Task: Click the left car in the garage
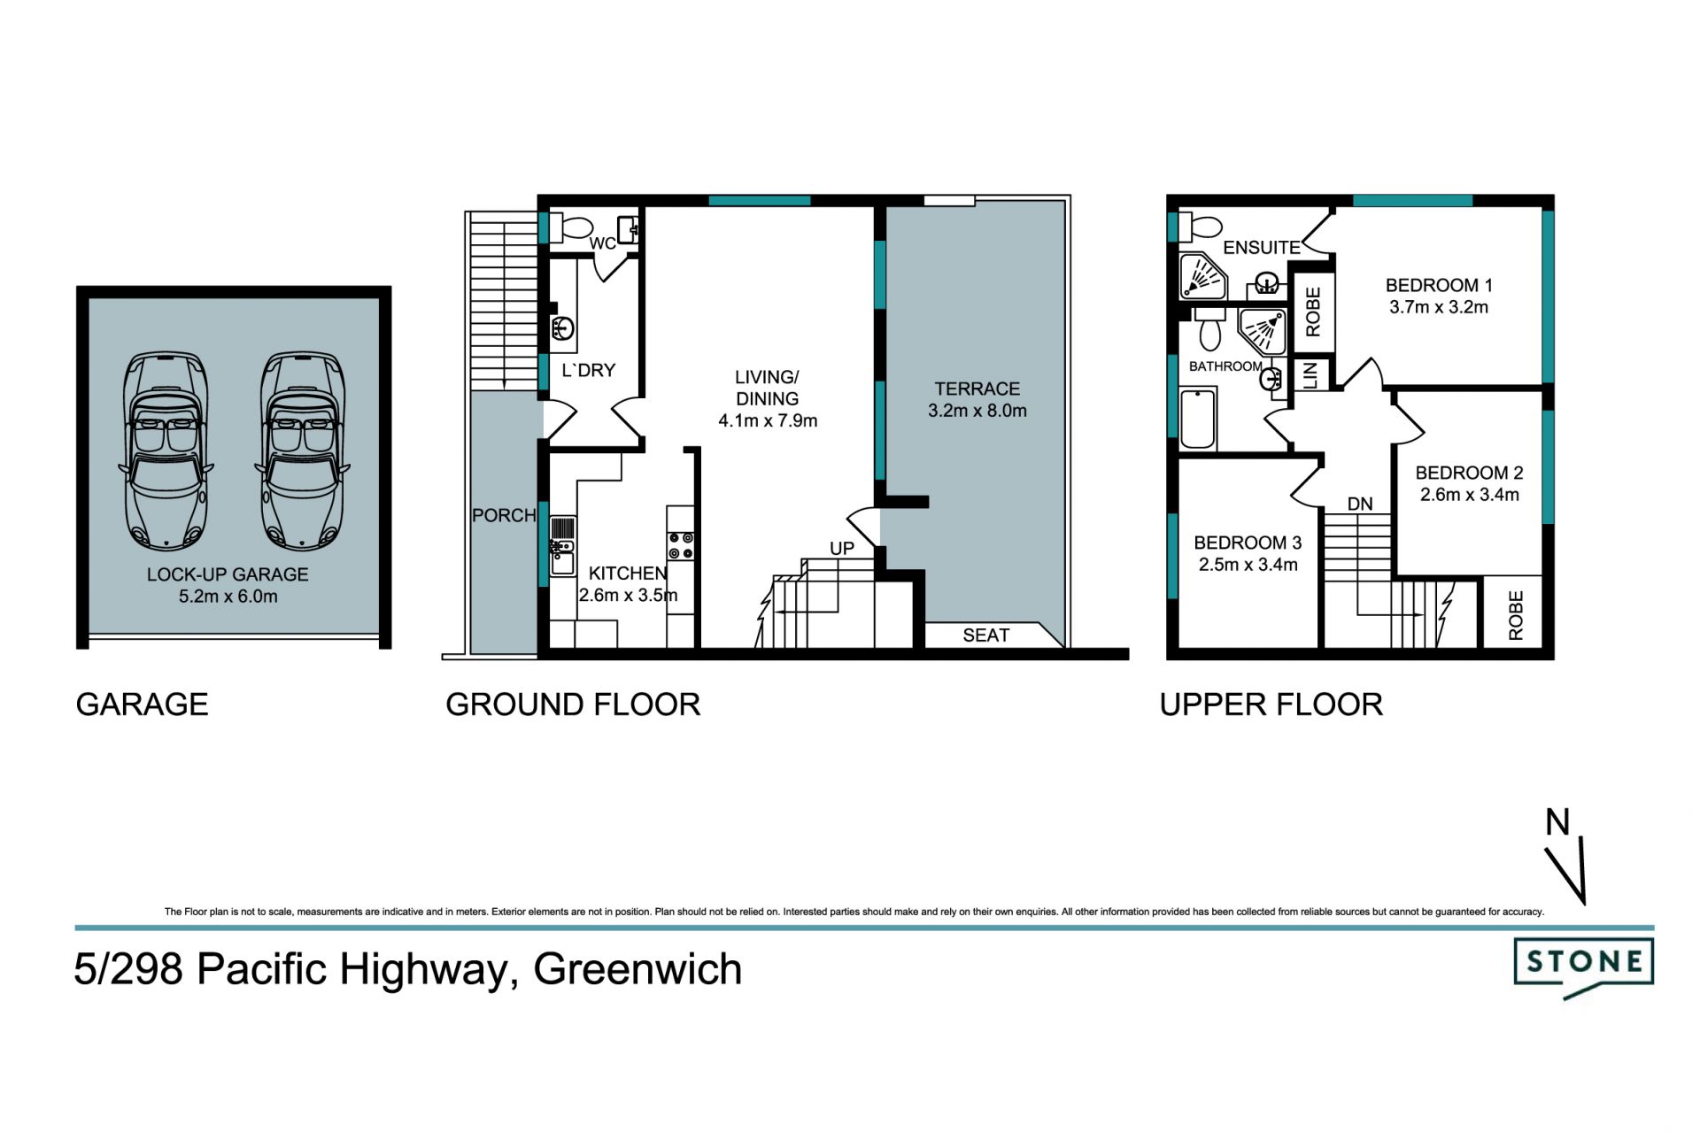click(x=166, y=451)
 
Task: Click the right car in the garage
click(x=302, y=451)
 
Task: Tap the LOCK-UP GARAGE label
click(x=228, y=574)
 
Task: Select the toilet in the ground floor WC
click(x=571, y=228)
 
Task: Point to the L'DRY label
click(x=588, y=370)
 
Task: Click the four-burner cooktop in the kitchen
click(x=681, y=545)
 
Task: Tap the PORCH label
click(x=504, y=515)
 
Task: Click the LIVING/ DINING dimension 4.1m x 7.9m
click(x=768, y=420)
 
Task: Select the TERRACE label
click(x=977, y=389)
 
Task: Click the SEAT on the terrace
click(x=985, y=635)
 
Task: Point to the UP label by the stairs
click(x=842, y=549)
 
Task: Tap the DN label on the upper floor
click(x=1360, y=504)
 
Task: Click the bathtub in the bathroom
click(x=1198, y=420)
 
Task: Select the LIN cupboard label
click(x=1311, y=374)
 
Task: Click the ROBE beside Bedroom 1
click(x=1313, y=312)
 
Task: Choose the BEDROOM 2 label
click(x=1469, y=473)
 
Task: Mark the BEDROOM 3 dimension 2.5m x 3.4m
click(x=1248, y=565)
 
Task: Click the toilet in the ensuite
click(x=1201, y=227)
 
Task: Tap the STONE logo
click(x=1583, y=965)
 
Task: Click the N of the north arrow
click(x=1557, y=822)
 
